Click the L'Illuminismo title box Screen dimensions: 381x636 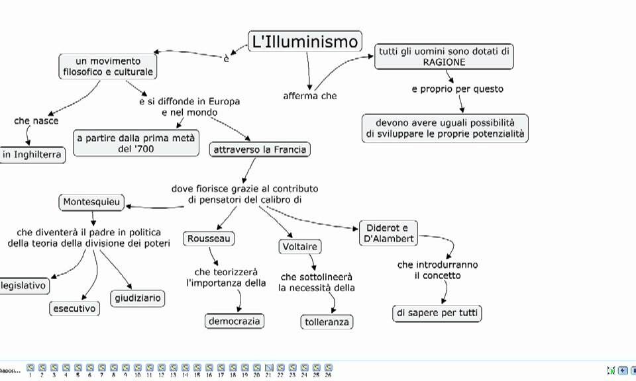click(305, 42)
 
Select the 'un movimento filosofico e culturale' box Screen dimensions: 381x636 click(108, 66)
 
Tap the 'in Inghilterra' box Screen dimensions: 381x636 click(32, 155)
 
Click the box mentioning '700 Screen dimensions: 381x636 click(135, 143)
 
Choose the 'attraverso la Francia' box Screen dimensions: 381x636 click(260, 149)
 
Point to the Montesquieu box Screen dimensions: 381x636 click(93, 202)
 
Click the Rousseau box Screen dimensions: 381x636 click(209, 238)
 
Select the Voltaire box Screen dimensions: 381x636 click(299, 247)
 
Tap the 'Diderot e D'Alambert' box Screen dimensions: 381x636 click(388, 233)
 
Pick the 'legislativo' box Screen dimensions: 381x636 click(24, 286)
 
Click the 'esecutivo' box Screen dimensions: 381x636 click(74, 308)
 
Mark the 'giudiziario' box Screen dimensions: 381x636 click(136, 298)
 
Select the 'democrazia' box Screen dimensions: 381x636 click(234, 321)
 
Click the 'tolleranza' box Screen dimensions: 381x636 click(326, 322)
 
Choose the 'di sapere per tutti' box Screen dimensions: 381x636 click(437, 313)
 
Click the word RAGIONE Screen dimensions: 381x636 click(444, 62)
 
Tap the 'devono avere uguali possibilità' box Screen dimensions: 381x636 click(445, 128)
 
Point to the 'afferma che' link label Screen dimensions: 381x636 click(310, 96)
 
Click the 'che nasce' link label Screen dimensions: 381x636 click(36, 121)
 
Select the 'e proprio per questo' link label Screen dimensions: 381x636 click(457, 89)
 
